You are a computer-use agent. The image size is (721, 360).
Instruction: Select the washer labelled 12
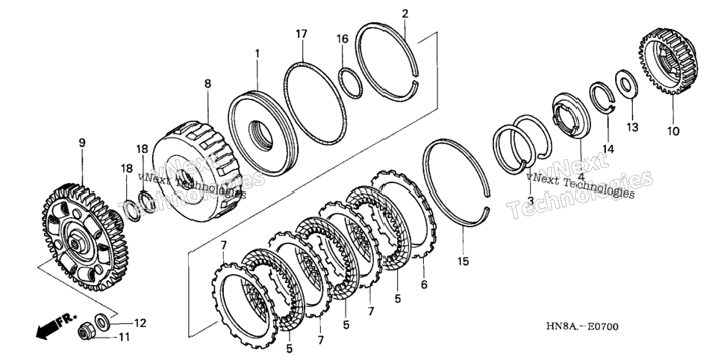pos(102,320)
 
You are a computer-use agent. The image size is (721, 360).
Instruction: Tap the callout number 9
pos(82,143)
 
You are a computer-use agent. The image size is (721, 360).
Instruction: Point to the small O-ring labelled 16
pos(350,83)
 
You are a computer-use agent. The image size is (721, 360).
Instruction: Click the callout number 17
pos(302,34)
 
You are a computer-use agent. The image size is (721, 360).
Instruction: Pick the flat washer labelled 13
pos(626,84)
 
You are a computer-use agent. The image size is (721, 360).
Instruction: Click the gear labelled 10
pos(668,60)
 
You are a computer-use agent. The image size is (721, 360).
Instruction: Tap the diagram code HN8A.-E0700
pos(582,327)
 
